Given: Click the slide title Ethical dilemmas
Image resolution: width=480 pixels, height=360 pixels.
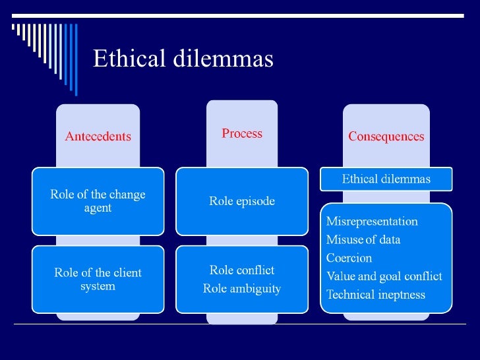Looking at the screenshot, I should (183, 59).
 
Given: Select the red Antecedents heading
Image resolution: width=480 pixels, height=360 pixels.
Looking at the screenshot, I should (98, 137).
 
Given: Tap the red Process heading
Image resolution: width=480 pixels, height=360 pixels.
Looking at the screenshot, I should (241, 134).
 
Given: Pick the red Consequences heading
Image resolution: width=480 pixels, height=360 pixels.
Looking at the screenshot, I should (386, 137).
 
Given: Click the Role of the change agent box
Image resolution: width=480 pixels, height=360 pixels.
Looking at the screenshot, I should (98, 201).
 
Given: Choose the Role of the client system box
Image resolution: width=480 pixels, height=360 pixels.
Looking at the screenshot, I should (98, 279).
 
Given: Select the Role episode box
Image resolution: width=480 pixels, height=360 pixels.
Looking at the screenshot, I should (241, 201).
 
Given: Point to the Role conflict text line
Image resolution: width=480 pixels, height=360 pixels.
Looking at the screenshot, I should (241, 270).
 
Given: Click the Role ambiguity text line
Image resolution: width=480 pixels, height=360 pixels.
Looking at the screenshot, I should (241, 288).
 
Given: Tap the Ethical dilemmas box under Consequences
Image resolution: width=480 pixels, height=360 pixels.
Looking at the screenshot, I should (386, 179).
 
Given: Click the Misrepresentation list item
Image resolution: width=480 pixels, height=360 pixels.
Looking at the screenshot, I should (372, 222).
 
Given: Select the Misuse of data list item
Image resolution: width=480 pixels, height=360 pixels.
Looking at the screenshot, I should (363, 240).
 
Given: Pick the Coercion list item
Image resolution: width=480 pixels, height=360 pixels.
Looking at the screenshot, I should (349, 258).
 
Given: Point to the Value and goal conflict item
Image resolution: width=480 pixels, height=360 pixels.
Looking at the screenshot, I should (384, 276).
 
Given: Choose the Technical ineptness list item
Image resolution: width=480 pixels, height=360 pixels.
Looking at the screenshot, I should (376, 294).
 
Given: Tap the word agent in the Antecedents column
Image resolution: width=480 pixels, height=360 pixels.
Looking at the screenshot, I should (98, 208).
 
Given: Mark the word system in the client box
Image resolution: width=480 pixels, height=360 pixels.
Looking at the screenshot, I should (98, 286).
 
